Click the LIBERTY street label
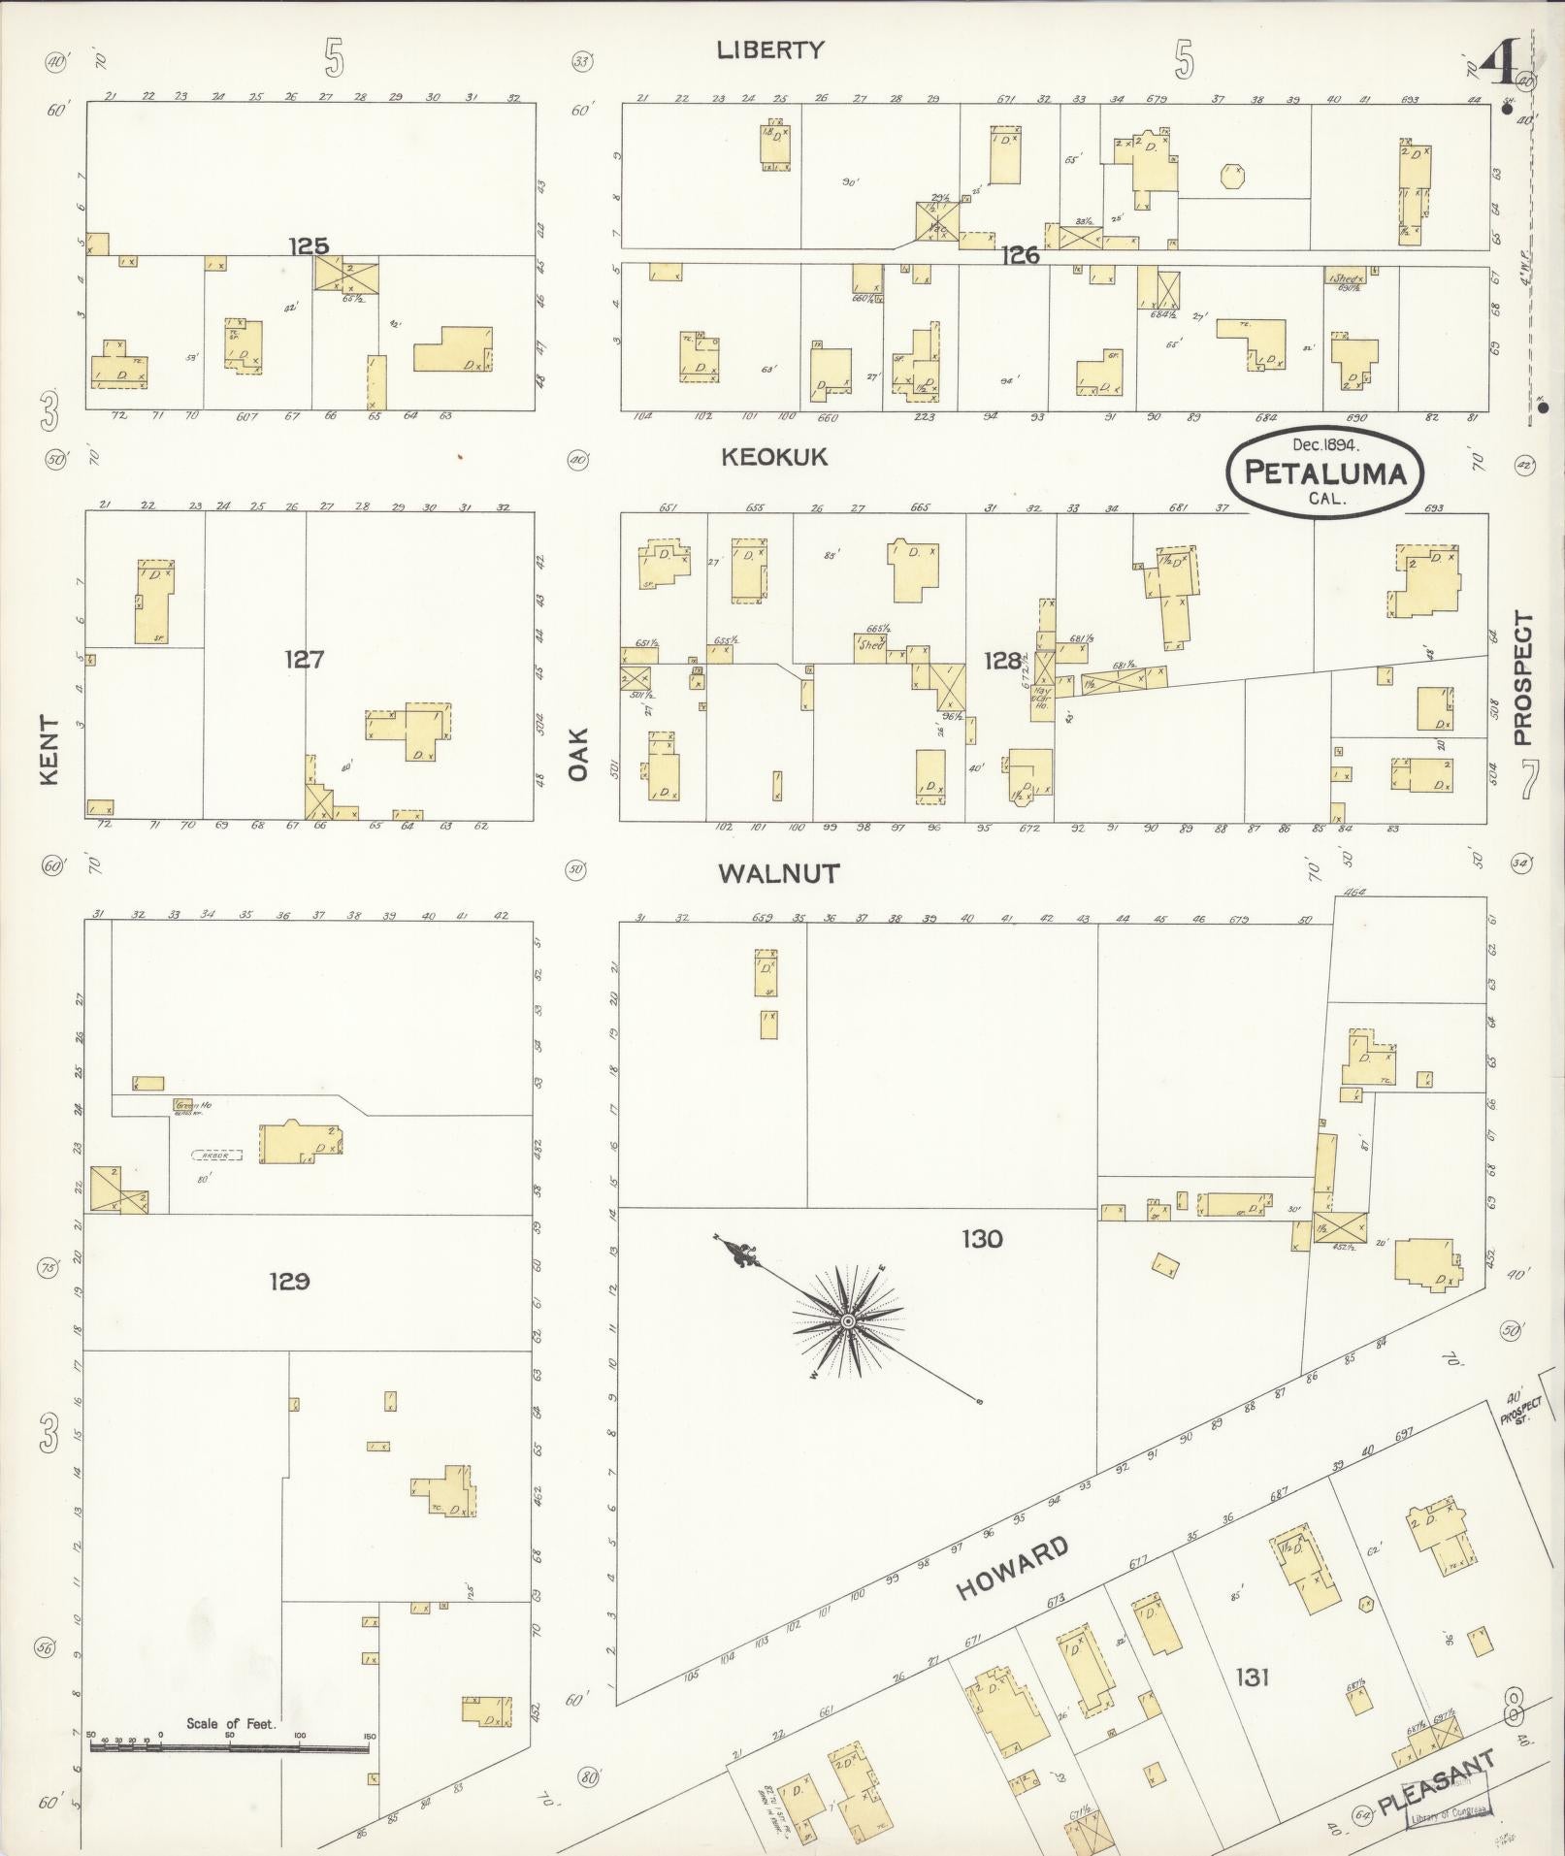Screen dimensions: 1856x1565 (770, 50)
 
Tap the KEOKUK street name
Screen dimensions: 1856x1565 (774, 457)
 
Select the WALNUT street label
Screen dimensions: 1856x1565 (778, 873)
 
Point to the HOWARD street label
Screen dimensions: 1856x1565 (1012, 1569)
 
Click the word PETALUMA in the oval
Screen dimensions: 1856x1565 (1324, 473)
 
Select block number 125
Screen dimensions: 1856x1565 (309, 246)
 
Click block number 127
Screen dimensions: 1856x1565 (304, 660)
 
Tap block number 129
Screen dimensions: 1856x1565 (289, 1282)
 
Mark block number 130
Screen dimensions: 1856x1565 (982, 1239)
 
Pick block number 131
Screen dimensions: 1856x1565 (1253, 1677)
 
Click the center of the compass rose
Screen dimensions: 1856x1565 (848, 1321)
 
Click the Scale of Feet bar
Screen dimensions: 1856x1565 (229, 1746)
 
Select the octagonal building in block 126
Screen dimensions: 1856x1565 (1233, 177)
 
